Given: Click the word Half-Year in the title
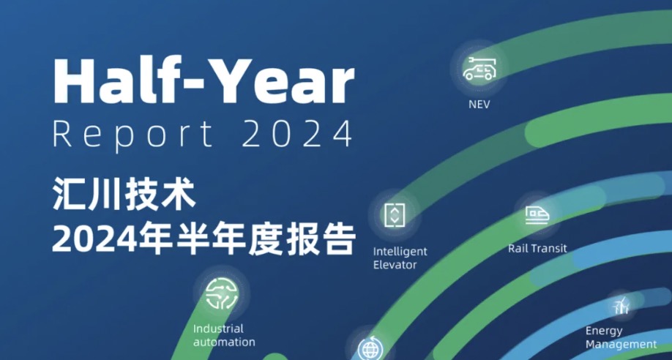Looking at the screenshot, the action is (x=204, y=80).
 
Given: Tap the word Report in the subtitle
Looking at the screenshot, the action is (x=132, y=135).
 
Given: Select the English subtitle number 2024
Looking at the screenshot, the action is (x=297, y=134).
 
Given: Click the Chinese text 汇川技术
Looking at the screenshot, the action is (x=124, y=195).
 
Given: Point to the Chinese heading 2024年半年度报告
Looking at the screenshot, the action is (x=204, y=239).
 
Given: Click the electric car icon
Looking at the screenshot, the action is (x=479, y=69).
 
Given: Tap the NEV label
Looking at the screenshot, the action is (x=479, y=104).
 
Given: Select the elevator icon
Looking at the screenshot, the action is (x=395, y=215).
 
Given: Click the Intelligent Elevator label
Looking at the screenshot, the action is (x=400, y=258).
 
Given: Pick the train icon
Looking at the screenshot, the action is (x=537, y=214).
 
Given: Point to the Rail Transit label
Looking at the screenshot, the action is (x=537, y=249).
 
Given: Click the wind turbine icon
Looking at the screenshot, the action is (x=621, y=306).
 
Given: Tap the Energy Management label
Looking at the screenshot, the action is (x=621, y=338).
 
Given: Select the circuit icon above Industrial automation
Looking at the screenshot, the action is (x=221, y=294).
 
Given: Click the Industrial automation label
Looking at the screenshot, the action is (x=224, y=336).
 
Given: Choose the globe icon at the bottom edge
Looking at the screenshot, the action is (x=369, y=349).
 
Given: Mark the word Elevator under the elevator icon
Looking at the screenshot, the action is (x=395, y=265).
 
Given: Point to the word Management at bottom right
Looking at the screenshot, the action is (x=621, y=344).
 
